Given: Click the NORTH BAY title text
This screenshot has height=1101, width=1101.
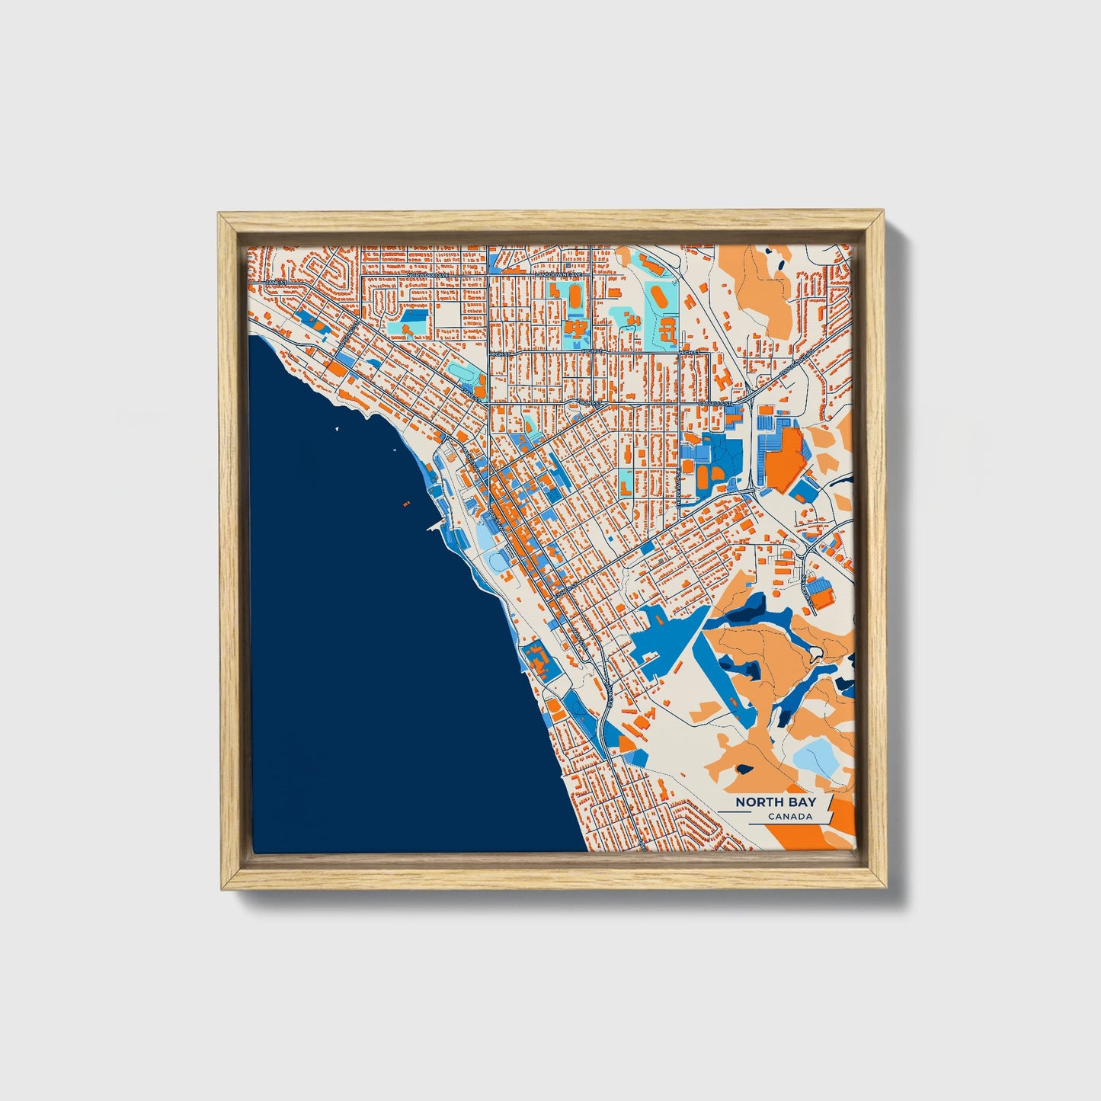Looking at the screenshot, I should (775, 802).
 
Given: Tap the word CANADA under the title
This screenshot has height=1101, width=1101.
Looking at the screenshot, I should (789, 817).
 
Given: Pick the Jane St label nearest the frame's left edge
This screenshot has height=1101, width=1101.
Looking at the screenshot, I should (275, 283).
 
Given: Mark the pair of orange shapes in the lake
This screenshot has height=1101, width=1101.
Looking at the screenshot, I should (405, 503).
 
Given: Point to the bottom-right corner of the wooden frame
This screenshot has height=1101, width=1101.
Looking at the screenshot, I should (886, 888).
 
